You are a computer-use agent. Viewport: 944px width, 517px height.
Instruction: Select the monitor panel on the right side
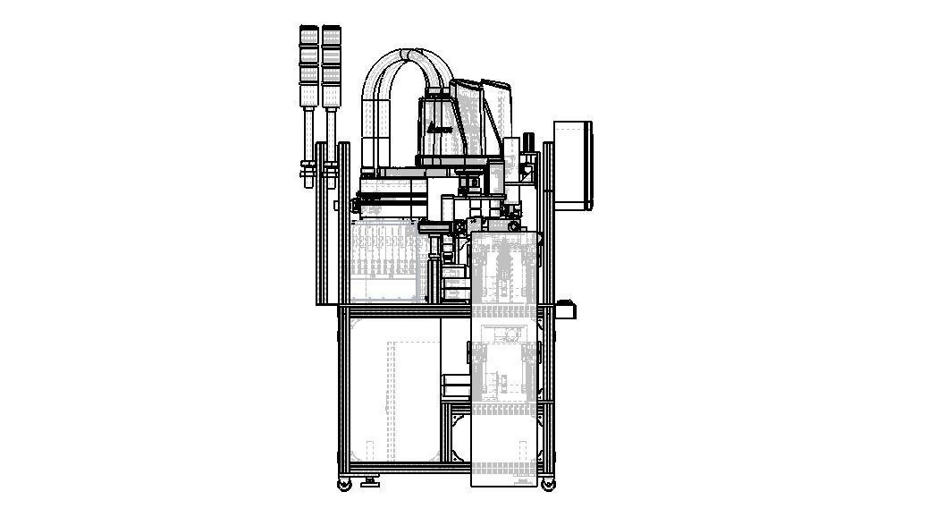(573, 165)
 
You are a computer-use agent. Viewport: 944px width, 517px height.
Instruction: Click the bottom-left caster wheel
(345, 484)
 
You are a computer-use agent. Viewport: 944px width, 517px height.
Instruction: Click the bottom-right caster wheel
(547, 484)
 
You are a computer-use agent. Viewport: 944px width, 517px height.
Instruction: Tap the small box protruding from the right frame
(567, 309)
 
